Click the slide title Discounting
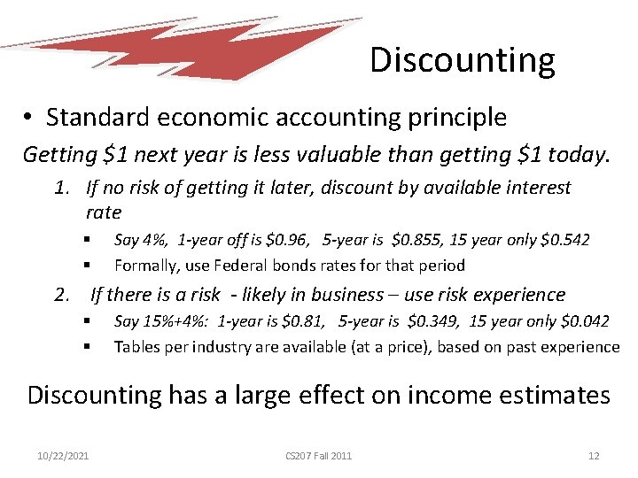pyautogui.click(x=462, y=60)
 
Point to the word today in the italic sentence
pyautogui.click(x=577, y=156)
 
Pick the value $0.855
pyautogui.click(x=416, y=240)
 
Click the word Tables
pyautogui.click(x=136, y=346)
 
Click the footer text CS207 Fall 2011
pyautogui.click(x=318, y=455)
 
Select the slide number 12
pyautogui.click(x=593, y=455)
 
